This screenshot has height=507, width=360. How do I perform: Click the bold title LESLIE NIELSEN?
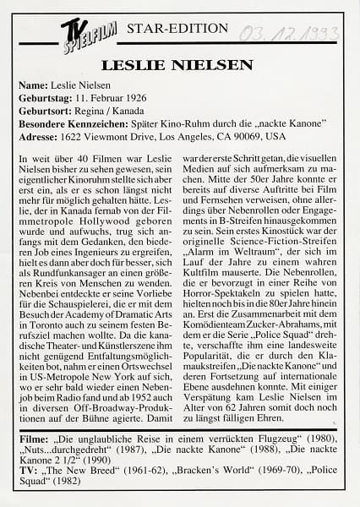[x=177, y=65]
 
